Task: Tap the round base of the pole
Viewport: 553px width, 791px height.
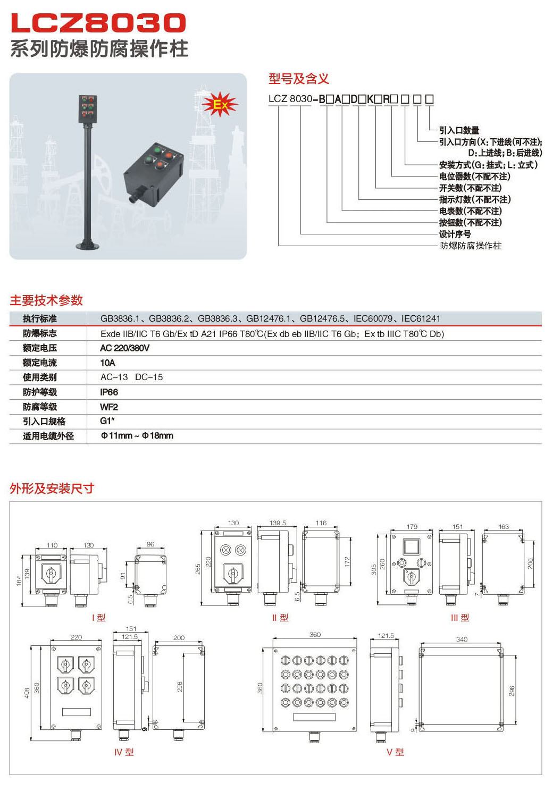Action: tap(88, 246)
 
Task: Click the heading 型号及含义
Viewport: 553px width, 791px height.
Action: tap(298, 79)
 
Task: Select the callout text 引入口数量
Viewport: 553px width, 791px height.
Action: tap(459, 130)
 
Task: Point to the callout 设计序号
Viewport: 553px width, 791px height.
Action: tap(455, 234)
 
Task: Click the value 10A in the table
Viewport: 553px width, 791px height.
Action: tap(107, 363)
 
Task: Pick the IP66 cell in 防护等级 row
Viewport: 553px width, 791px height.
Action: tap(109, 392)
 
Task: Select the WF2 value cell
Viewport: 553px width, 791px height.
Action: tap(109, 407)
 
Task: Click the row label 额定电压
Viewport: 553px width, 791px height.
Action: tap(40, 348)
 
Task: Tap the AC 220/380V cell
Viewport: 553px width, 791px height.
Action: tap(124, 348)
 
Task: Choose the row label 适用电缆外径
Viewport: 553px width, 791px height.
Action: tap(48, 436)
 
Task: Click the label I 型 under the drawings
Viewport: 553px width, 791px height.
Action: tap(99, 618)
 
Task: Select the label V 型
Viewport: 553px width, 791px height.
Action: tap(395, 752)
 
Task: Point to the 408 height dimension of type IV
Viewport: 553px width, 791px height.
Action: tap(27, 693)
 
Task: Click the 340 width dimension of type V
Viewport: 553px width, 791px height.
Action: tap(462, 639)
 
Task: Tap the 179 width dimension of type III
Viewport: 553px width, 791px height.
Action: tap(412, 526)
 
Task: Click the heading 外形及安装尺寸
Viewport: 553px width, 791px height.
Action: tap(52, 488)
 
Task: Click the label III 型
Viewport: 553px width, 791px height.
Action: tap(460, 618)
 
